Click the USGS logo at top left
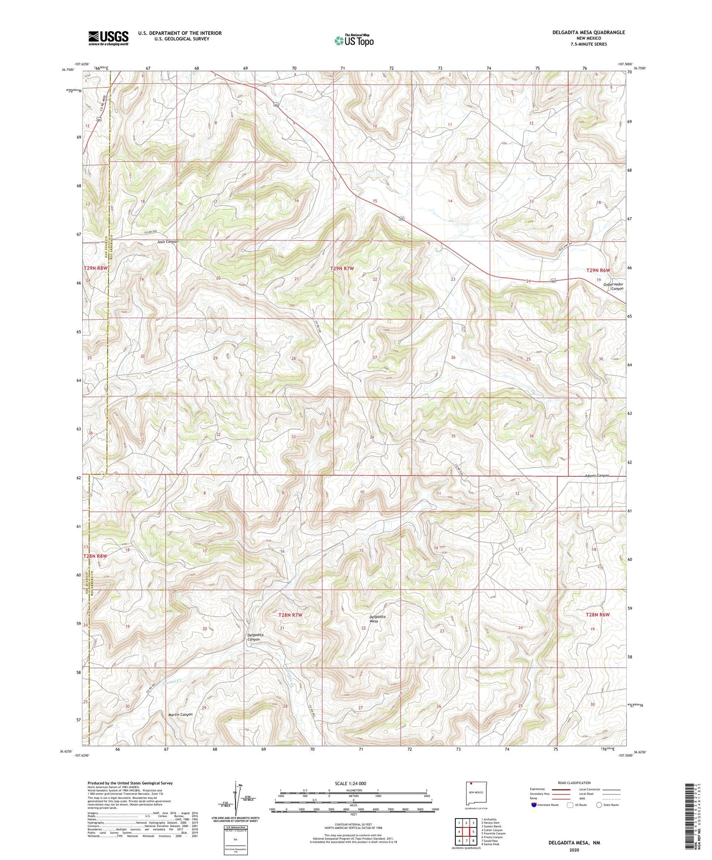click(x=108, y=37)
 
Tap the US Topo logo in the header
click(x=353, y=40)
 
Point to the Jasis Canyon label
click(x=167, y=242)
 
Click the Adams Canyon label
click(x=597, y=476)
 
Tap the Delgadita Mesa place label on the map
click(x=377, y=619)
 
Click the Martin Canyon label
click(x=180, y=714)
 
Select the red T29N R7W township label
click(x=342, y=268)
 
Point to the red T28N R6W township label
click(x=598, y=615)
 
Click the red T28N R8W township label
click(x=95, y=556)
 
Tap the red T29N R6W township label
click(x=598, y=270)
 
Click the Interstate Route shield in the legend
click(x=535, y=805)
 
